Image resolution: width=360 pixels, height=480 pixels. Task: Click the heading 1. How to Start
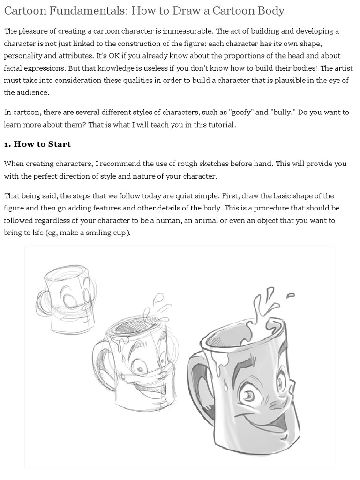coord(37,144)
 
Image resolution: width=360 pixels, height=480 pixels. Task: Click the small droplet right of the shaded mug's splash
coord(290,295)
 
